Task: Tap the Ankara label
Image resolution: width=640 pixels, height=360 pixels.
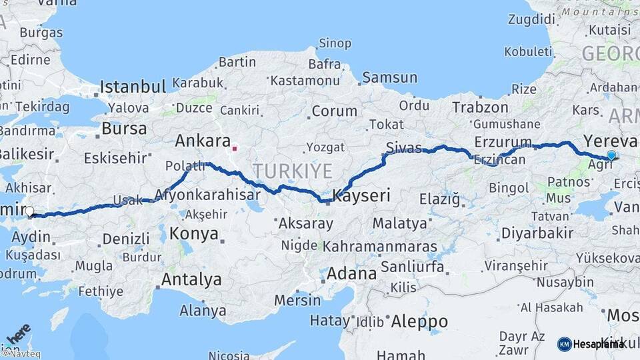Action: tap(203, 141)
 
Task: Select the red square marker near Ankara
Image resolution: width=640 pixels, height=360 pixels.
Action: tap(234, 142)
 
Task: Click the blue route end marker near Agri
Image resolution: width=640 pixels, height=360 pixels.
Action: tap(611, 155)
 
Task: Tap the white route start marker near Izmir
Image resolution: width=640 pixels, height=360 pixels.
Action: tap(29, 212)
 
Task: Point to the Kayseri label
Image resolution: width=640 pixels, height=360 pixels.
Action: tap(361, 195)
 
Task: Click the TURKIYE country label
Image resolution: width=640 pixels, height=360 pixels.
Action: tap(292, 171)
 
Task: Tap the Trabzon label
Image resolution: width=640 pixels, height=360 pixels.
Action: tap(476, 107)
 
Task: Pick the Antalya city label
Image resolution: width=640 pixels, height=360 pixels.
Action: tap(191, 279)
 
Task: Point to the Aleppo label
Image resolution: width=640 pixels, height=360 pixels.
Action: tap(419, 321)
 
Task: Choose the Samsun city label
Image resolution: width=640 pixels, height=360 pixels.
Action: tap(389, 77)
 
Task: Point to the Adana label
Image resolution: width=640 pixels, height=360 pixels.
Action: tap(351, 273)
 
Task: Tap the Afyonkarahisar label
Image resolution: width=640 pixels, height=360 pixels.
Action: tap(207, 195)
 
